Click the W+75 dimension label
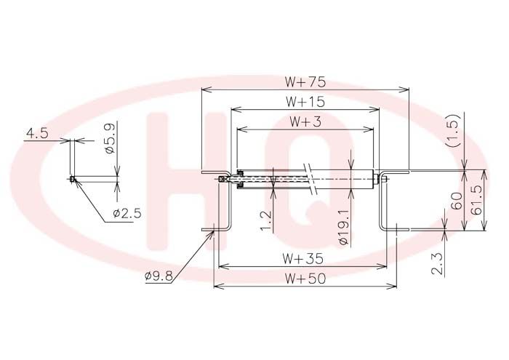(x=305, y=81)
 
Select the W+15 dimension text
(x=305, y=102)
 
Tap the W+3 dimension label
(x=305, y=121)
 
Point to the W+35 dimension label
(x=302, y=259)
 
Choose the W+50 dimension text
(x=305, y=279)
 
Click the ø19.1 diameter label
(x=343, y=227)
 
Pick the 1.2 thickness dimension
(x=265, y=221)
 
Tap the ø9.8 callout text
(x=159, y=276)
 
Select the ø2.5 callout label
(x=127, y=213)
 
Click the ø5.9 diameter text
(x=110, y=138)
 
